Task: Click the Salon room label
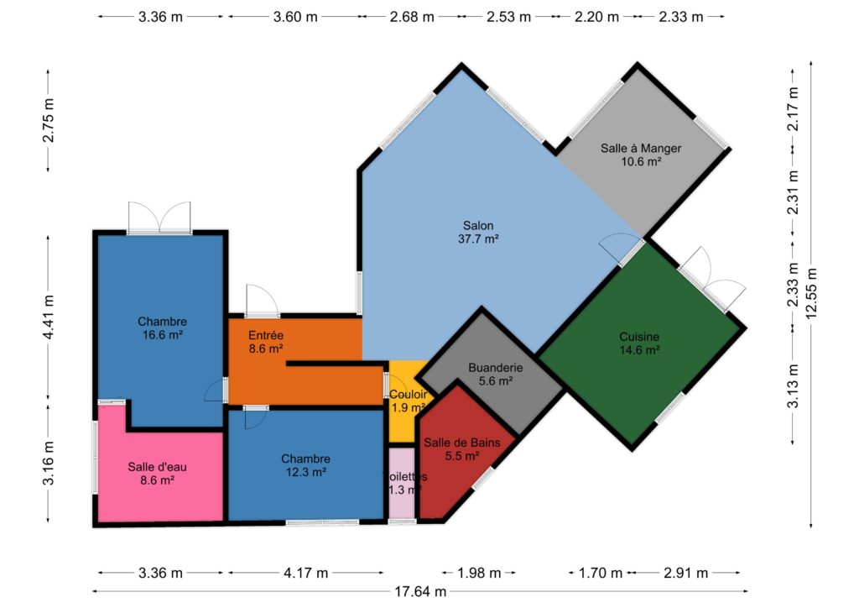click(x=478, y=232)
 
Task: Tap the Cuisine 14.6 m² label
click(x=639, y=343)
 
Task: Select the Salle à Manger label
click(x=641, y=155)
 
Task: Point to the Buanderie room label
click(x=495, y=374)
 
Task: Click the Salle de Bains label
click(x=462, y=449)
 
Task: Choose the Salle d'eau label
click(x=157, y=474)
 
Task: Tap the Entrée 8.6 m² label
click(x=266, y=342)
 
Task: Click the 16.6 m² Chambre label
click(x=162, y=328)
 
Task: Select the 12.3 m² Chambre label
click(x=305, y=465)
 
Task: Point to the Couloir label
click(x=409, y=401)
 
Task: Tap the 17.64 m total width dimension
click(x=420, y=591)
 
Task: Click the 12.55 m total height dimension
click(x=811, y=293)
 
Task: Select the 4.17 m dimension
click(x=305, y=573)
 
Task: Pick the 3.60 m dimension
click(x=295, y=17)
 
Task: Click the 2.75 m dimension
click(x=48, y=121)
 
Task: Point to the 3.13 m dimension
click(x=793, y=385)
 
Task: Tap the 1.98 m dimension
click(x=479, y=573)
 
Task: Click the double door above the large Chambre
click(x=159, y=218)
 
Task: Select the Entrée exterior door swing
click(x=262, y=301)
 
